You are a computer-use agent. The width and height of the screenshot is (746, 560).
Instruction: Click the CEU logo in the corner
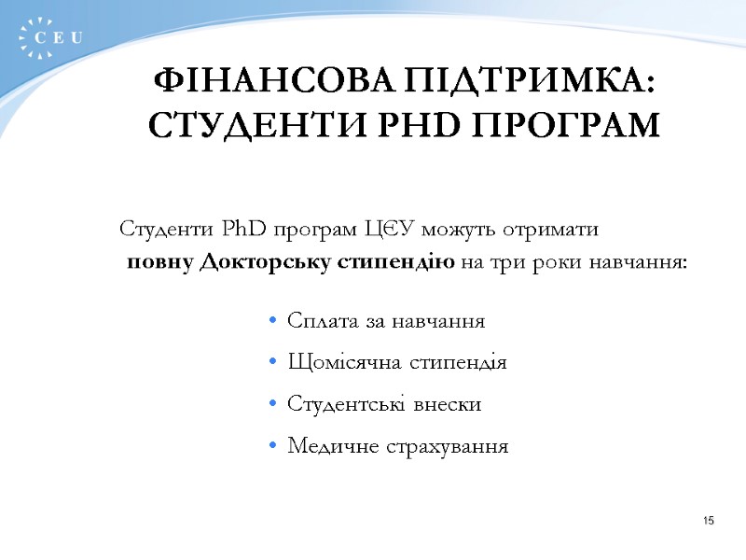[x=50, y=36]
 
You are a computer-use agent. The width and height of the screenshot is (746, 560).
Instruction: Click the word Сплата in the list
[x=322, y=321]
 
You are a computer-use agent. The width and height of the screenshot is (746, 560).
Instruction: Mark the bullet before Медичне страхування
[x=271, y=447]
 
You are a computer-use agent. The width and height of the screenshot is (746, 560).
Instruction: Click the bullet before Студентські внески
[x=271, y=405]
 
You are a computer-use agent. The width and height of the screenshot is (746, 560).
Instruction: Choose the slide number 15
[x=708, y=520]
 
